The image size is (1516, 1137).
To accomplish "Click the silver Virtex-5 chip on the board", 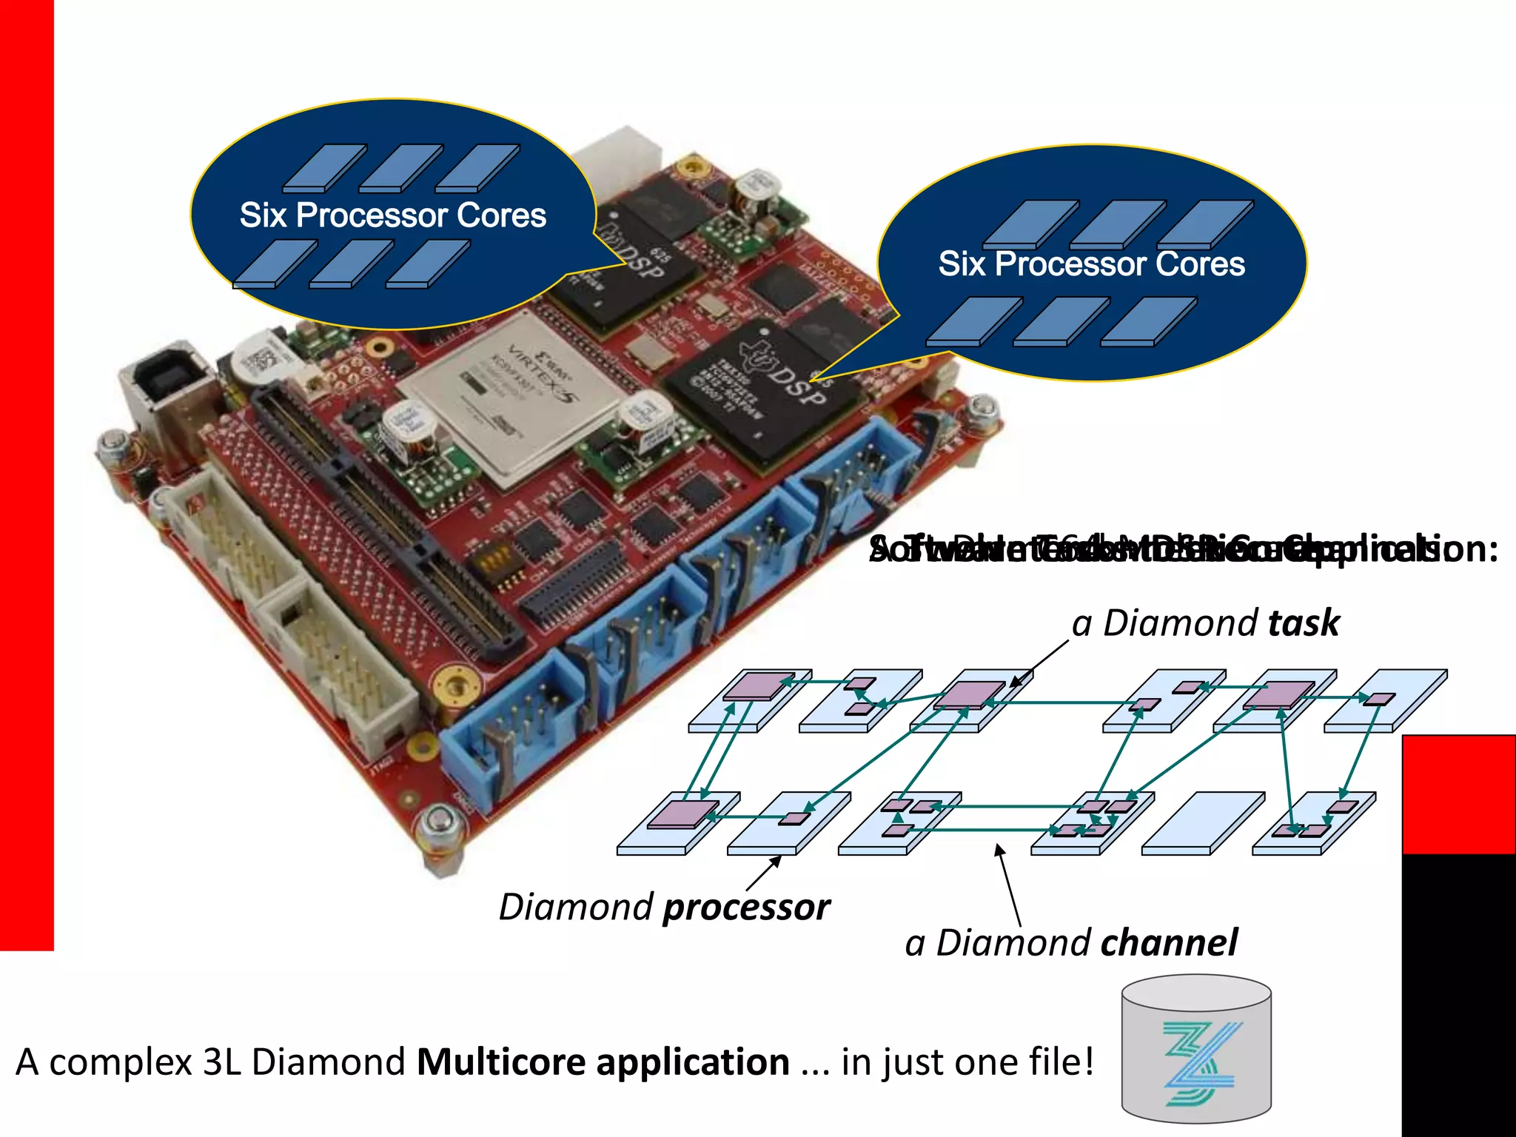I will [511, 396].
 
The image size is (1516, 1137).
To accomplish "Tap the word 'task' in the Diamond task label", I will [1304, 623].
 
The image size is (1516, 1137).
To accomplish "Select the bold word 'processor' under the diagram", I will [746, 908].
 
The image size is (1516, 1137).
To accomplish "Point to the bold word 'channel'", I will [1169, 943].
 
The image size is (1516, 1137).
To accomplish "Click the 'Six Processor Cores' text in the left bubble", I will [392, 215].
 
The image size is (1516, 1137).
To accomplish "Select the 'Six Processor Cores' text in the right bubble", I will [1092, 264].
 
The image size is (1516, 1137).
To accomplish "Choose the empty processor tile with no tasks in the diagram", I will [1204, 823].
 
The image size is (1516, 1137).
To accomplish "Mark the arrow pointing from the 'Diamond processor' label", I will [763, 873].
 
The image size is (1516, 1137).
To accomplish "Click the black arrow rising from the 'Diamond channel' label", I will [1009, 885].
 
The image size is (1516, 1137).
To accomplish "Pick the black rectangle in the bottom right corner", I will [1458, 996].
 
